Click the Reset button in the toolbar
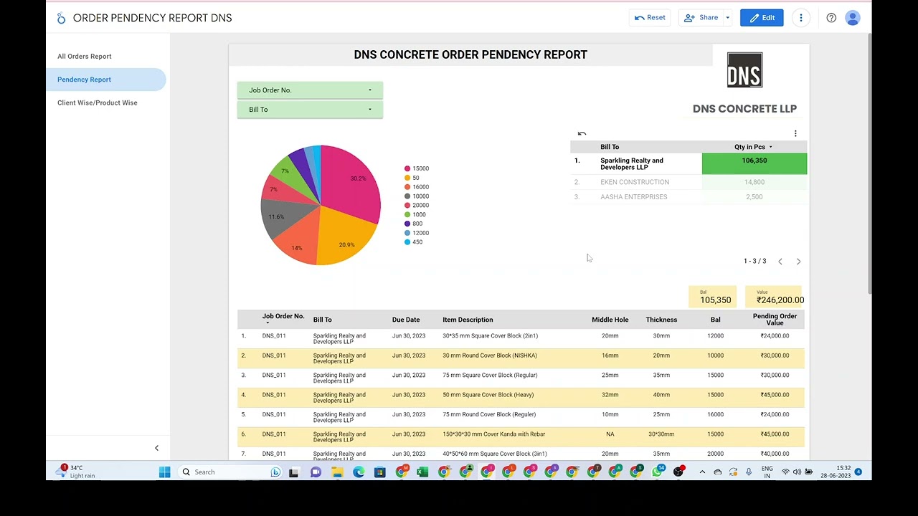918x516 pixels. point(650,18)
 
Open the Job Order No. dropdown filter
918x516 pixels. point(310,90)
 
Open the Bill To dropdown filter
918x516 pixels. point(310,110)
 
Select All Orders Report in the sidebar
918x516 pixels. point(85,57)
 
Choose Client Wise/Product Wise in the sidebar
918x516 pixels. point(98,103)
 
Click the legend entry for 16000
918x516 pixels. point(420,187)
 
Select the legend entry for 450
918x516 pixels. point(417,242)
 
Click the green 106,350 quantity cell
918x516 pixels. point(754,163)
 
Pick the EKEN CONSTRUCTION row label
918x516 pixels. point(635,182)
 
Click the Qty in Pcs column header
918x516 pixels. point(749,147)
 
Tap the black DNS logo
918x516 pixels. point(744,70)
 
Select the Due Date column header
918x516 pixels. point(406,320)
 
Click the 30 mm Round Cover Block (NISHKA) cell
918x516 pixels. point(490,355)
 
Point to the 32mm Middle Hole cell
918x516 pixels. point(610,395)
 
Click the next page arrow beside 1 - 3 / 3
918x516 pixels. point(798,262)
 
